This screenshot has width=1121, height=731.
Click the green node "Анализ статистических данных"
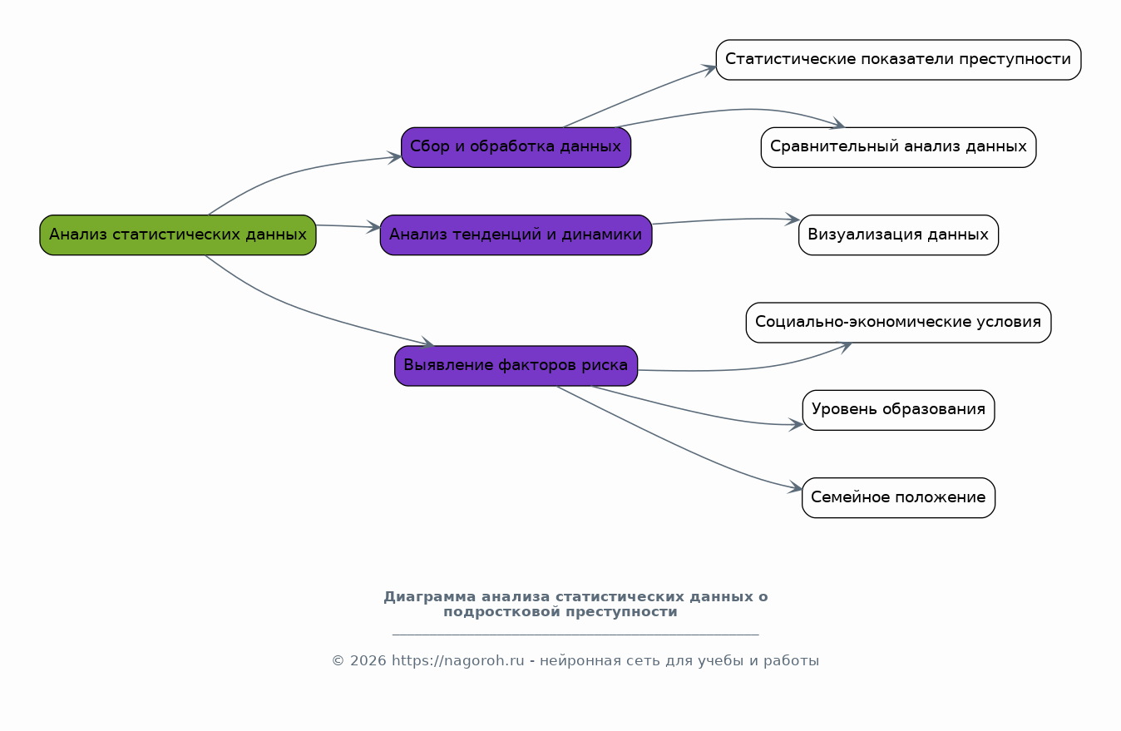pyautogui.click(x=178, y=235)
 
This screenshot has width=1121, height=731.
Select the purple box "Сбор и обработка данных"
pyautogui.click(x=516, y=147)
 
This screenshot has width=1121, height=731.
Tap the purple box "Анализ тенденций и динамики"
pyautogui.click(x=516, y=235)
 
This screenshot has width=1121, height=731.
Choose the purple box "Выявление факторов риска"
pyautogui.click(x=516, y=366)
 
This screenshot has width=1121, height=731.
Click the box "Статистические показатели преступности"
pyautogui.click(x=898, y=60)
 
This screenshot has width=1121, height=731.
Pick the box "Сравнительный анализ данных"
pyautogui.click(x=898, y=147)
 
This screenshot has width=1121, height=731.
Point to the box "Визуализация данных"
pyautogui.click(x=898, y=235)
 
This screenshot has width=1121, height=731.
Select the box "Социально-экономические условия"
pyautogui.click(x=898, y=323)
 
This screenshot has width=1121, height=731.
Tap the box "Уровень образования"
pyautogui.click(x=898, y=410)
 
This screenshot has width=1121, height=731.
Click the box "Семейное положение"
pyautogui.click(x=898, y=498)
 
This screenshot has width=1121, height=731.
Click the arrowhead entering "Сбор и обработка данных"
pyautogui.click(x=396, y=156)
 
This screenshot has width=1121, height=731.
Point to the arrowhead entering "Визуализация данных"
pyautogui.click(x=793, y=220)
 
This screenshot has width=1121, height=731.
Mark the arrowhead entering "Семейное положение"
pyautogui.click(x=797, y=489)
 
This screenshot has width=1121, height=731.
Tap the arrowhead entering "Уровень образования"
pyautogui.click(x=797, y=424)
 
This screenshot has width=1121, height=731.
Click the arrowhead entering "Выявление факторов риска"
pyautogui.click(x=428, y=343)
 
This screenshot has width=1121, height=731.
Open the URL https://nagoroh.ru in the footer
pyautogui.click(x=457, y=661)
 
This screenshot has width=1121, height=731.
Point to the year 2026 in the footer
pyautogui.click(x=367, y=661)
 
